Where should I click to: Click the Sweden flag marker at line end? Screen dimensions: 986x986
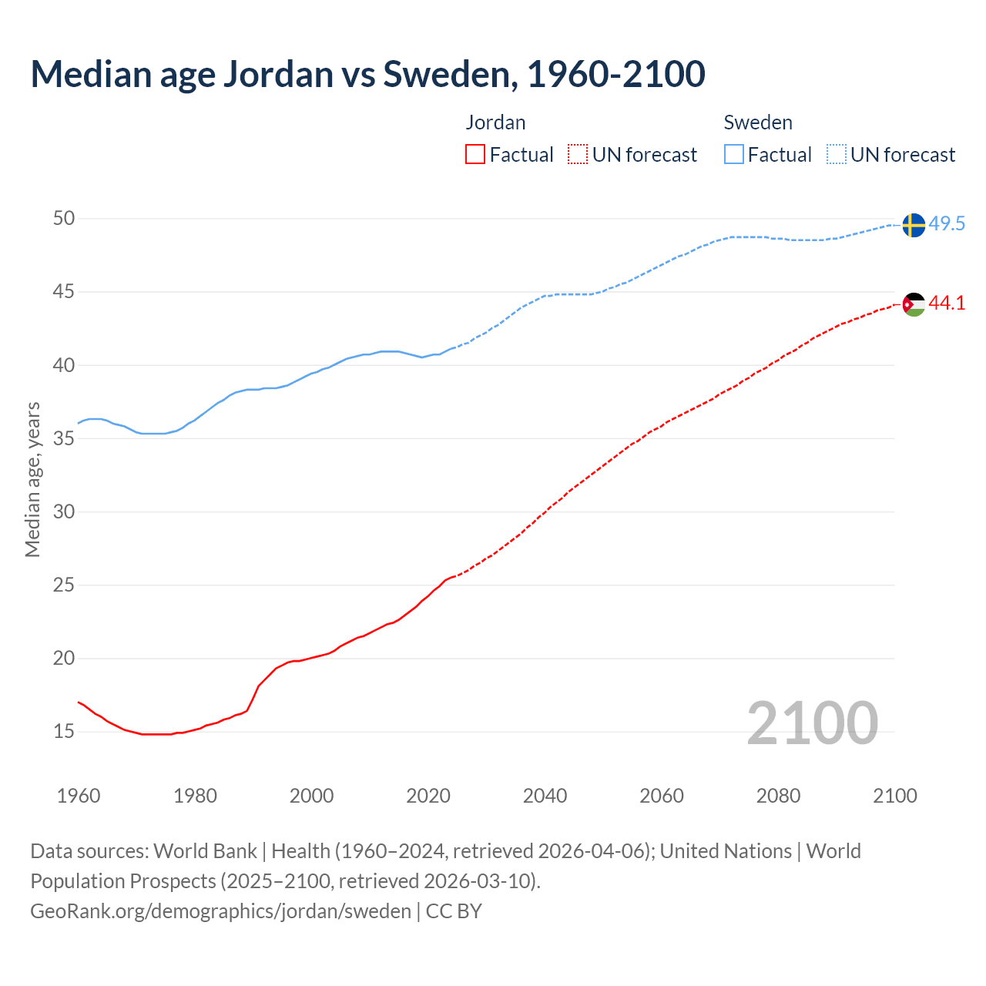coord(914,225)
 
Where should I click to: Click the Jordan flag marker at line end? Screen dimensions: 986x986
coord(914,304)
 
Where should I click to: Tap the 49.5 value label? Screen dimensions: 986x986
coord(947,224)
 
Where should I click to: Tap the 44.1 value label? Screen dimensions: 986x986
coord(947,304)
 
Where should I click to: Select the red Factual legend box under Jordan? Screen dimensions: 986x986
coord(475,155)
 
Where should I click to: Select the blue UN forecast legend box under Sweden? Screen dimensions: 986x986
coord(837,155)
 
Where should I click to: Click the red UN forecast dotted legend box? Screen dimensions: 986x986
coord(578,155)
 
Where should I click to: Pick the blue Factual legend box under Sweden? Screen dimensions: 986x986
coord(734,155)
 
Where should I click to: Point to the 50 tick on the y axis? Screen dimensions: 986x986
coord(64,219)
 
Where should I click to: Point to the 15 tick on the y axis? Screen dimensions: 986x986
coord(64,731)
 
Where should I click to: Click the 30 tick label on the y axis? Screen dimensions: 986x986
coord(64,511)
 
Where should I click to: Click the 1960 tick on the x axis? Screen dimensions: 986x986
coord(79,796)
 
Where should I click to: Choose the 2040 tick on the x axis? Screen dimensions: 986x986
coord(545,796)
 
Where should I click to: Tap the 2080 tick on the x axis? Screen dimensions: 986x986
coord(778,796)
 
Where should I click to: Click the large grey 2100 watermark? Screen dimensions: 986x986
coord(812,723)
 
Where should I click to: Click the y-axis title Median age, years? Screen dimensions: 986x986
coord(32,479)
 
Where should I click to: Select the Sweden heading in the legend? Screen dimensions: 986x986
coord(758,122)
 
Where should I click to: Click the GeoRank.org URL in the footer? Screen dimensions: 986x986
coord(220,911)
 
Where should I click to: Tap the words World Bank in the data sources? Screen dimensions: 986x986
coord(205,851)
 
